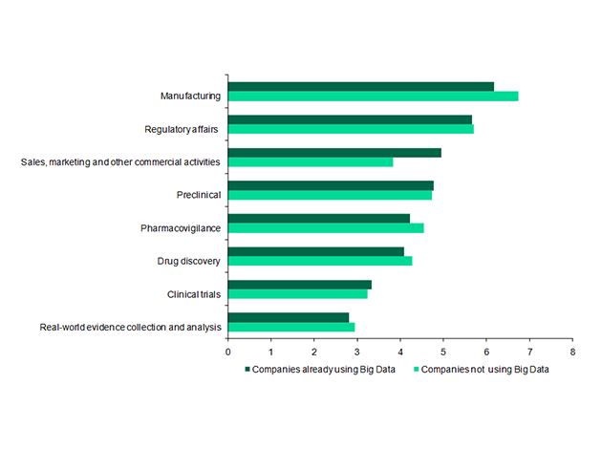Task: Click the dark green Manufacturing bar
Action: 361,86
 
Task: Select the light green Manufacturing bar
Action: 373,96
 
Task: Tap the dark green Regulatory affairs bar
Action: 350,119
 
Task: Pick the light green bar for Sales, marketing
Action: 311,162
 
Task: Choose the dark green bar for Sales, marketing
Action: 334,152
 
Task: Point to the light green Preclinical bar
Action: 330,195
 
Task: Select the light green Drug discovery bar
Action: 320,261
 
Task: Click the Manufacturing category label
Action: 191,96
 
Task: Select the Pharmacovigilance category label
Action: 182,227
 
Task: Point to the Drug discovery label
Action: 189,261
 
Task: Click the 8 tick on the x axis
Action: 571,352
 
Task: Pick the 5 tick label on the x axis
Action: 442,352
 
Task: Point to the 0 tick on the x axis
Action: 227,352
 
